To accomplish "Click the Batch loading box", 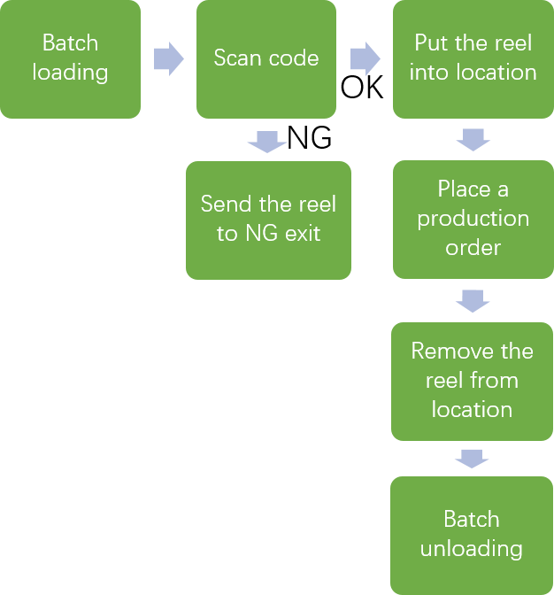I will coord(70,59).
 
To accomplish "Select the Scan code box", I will coord(265,59).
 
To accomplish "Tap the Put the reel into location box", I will coord(473,59).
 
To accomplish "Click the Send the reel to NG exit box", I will coord(268,220).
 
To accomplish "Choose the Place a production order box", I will coord(473,219).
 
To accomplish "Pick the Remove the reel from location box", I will coord(472,381).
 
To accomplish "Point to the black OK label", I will coord(362,89).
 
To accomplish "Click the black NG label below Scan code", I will coord(310,138).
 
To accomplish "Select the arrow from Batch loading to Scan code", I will coord(168,59).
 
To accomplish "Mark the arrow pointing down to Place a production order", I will coord(473,139).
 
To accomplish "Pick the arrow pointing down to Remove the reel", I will coord(472,301).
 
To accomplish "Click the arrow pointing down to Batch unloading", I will coord(472,459).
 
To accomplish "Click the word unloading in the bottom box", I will coord(471,549).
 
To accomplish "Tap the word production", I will coord(473,219).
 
